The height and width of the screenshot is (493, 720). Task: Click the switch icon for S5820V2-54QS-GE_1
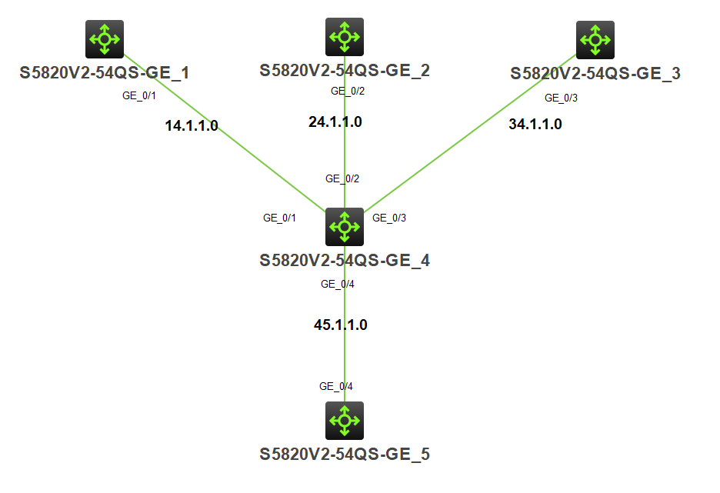[x=104, y=39]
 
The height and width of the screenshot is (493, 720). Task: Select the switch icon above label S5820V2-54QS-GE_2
[x=344, y=37]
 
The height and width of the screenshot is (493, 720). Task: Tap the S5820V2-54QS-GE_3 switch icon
[x=595, y=39]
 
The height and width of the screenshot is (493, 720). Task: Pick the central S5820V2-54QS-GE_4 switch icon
[x=344, y=226]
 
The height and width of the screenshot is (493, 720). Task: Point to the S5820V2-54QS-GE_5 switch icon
[x=344, y=420]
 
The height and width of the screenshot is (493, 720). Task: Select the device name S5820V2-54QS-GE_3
[x=595, y=74]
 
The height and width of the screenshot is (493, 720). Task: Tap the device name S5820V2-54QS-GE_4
[x=344, y=260]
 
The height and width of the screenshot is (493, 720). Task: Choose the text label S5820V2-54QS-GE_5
[x=344, y=454]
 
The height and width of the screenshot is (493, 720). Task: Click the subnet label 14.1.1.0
[x=192, y=125]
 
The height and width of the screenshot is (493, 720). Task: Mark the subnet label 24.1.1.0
[x=335, y=122]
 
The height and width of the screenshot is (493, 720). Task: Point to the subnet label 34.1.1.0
[x=535, y=124]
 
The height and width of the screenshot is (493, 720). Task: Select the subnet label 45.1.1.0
[x=341, y=325]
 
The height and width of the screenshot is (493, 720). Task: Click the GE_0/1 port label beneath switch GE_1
[x=140, y=96]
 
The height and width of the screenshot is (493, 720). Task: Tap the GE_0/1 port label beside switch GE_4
[x=280, y=218]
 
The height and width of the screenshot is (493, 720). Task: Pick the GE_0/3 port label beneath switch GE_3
[x=561, y=98]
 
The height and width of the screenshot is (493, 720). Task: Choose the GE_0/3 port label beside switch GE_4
[x=389, y=218]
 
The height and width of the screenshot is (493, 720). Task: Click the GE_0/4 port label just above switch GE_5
[x=336, y=386]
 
